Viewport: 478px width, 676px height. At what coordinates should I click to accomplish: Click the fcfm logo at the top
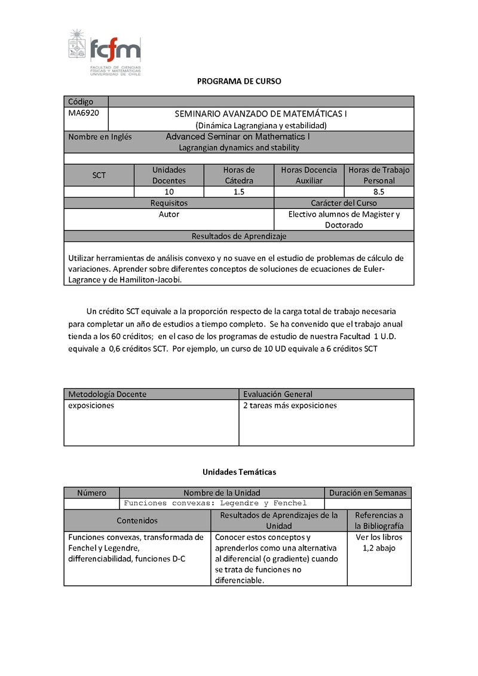coord(105,53)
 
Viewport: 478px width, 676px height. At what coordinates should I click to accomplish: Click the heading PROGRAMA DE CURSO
coord(239,81)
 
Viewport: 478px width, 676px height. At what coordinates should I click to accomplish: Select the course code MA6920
coord(84,113)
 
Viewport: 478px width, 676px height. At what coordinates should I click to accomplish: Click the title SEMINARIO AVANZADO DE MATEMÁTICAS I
coord(261,113)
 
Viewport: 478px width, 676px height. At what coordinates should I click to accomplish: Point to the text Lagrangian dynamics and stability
coord(239,148)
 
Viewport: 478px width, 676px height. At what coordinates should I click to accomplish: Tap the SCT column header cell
coord(99,175)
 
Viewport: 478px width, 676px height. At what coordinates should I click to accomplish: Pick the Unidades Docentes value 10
coord(169,192)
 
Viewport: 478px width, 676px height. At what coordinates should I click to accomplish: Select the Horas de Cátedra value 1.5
coord(239,192)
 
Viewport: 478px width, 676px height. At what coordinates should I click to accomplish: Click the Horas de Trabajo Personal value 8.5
coord(379,192)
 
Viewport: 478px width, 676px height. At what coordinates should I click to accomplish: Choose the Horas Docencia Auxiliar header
coord(309,175)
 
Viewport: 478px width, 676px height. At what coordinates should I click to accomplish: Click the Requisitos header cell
coord(168,203)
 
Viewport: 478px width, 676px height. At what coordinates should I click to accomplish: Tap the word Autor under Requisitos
coord(168,214)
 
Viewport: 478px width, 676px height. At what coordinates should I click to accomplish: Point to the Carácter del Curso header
coord(344,203)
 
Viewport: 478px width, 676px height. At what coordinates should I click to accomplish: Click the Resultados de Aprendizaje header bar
coord(239,236)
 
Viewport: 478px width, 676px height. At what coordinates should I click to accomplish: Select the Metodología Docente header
coord(108,394)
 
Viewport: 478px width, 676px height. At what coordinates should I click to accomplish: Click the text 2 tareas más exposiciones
coord(290,405)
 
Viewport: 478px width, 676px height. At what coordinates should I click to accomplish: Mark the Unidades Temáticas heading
coord(239,472)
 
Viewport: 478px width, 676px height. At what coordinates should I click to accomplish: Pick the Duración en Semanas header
coord(367,493)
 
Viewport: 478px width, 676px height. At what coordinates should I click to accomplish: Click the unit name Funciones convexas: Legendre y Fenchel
coord(215,503)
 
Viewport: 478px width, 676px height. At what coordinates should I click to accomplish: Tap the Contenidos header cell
coord(137,520)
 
